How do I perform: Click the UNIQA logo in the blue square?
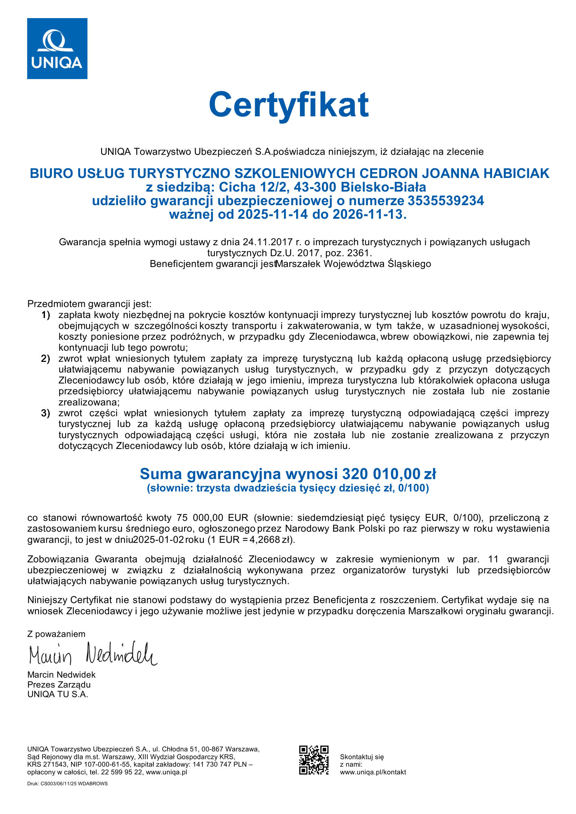(x=57, y=48)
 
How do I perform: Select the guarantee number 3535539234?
(x=445, y=201)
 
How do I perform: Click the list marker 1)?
(x=45, y=315)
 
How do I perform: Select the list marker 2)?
(x=45, y=358)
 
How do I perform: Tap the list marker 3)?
(x=45, y=413)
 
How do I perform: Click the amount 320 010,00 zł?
(x=389, y=474)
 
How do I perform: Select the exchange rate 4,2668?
(x=264, y=540)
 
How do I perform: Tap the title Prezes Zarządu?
(x=59, y=684)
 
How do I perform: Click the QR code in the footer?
(x=314, y=760)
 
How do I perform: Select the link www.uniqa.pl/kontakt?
(x=373, y=772)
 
